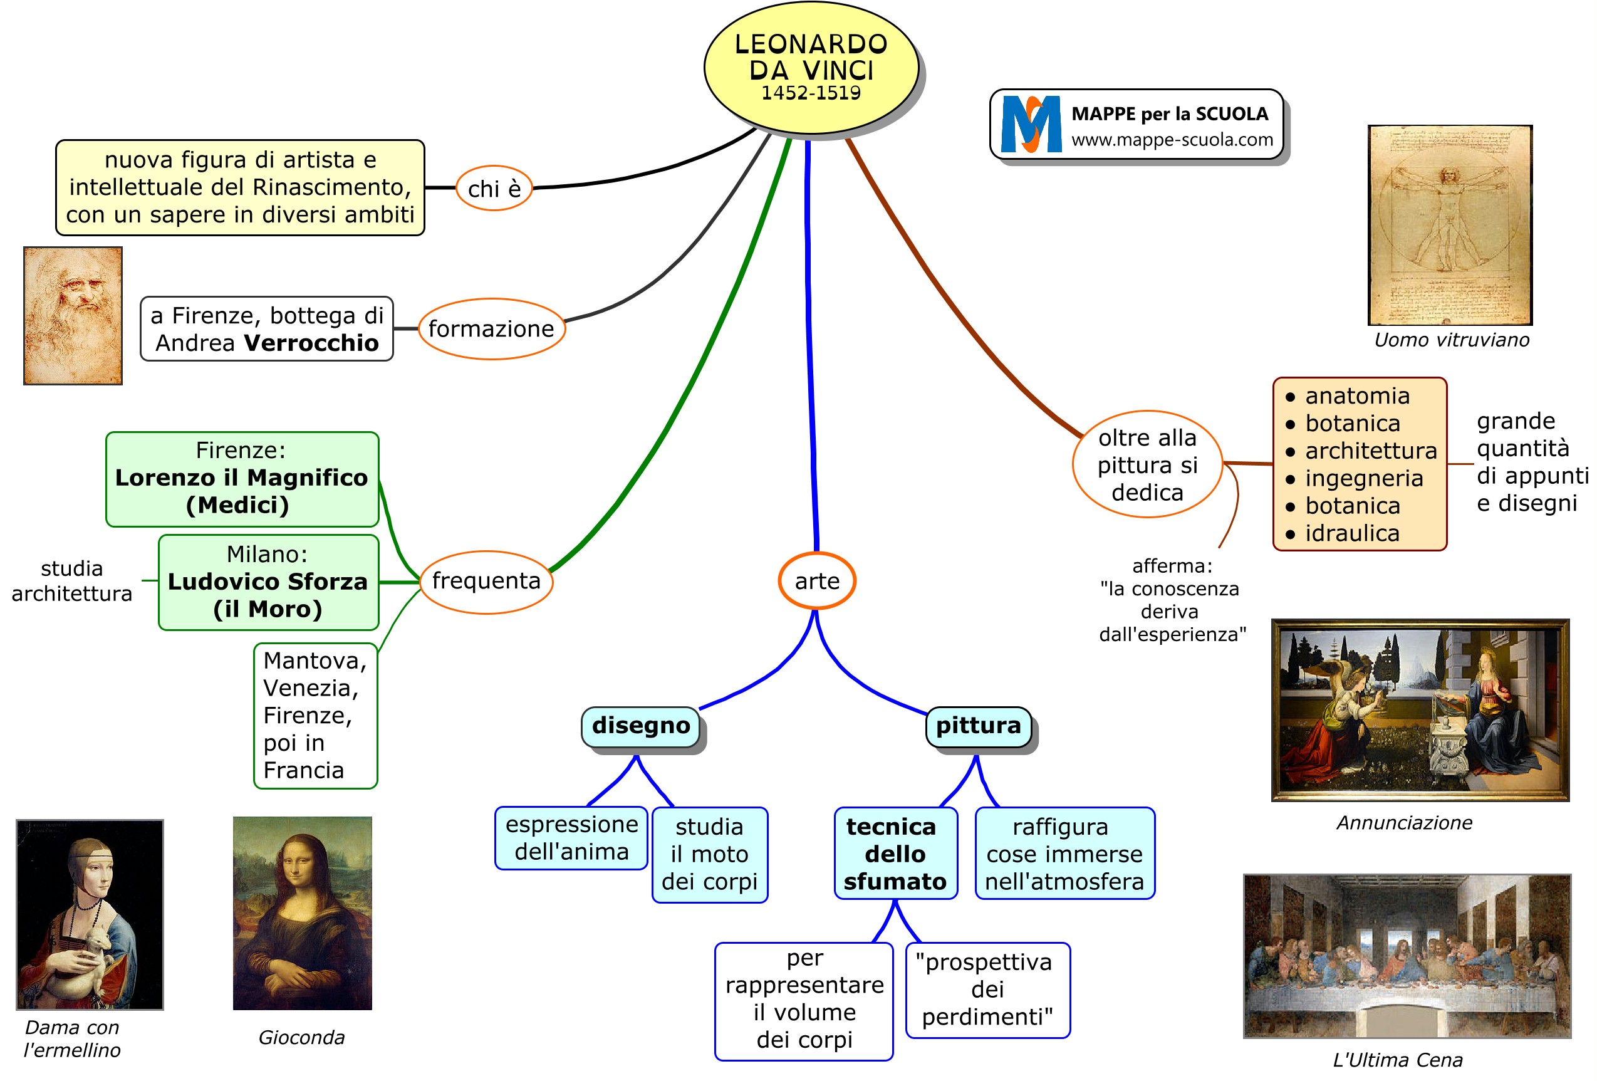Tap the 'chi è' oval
pyautogui.click(x=494, y=188)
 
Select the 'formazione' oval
pyautogui.click(x=491, y=328)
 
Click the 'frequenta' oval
pyautogui.click(x=486, y=581)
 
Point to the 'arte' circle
pyautogui.click(x=816, y=581)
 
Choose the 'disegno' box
pyautogui.click(x=640, y=726)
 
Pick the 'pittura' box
pyautogui.click(x=978, y=726)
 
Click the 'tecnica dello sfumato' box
pyautogui.click(x=895, y=854)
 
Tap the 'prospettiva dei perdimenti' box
pyautogui.click(x=987, y=990)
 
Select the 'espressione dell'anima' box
pyautogui.click(x=571, y=838)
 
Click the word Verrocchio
pyautogui.click(x=311, y=343)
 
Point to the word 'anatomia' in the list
pyautogui.click(x=1357, y=396)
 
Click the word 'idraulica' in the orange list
pyautogui.click(x=1351, y=533)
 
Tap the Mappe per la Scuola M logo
pyautogui.click(x=1031, y=124)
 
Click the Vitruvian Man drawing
pyautogui.click(x=1450, y=225)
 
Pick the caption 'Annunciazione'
pyautogui.click(x=1404, y=823)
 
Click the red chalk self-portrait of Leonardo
pyautogui.click(x=73, y=315)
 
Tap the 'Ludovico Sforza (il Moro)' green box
pyautogui.click(x=268, y=582)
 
